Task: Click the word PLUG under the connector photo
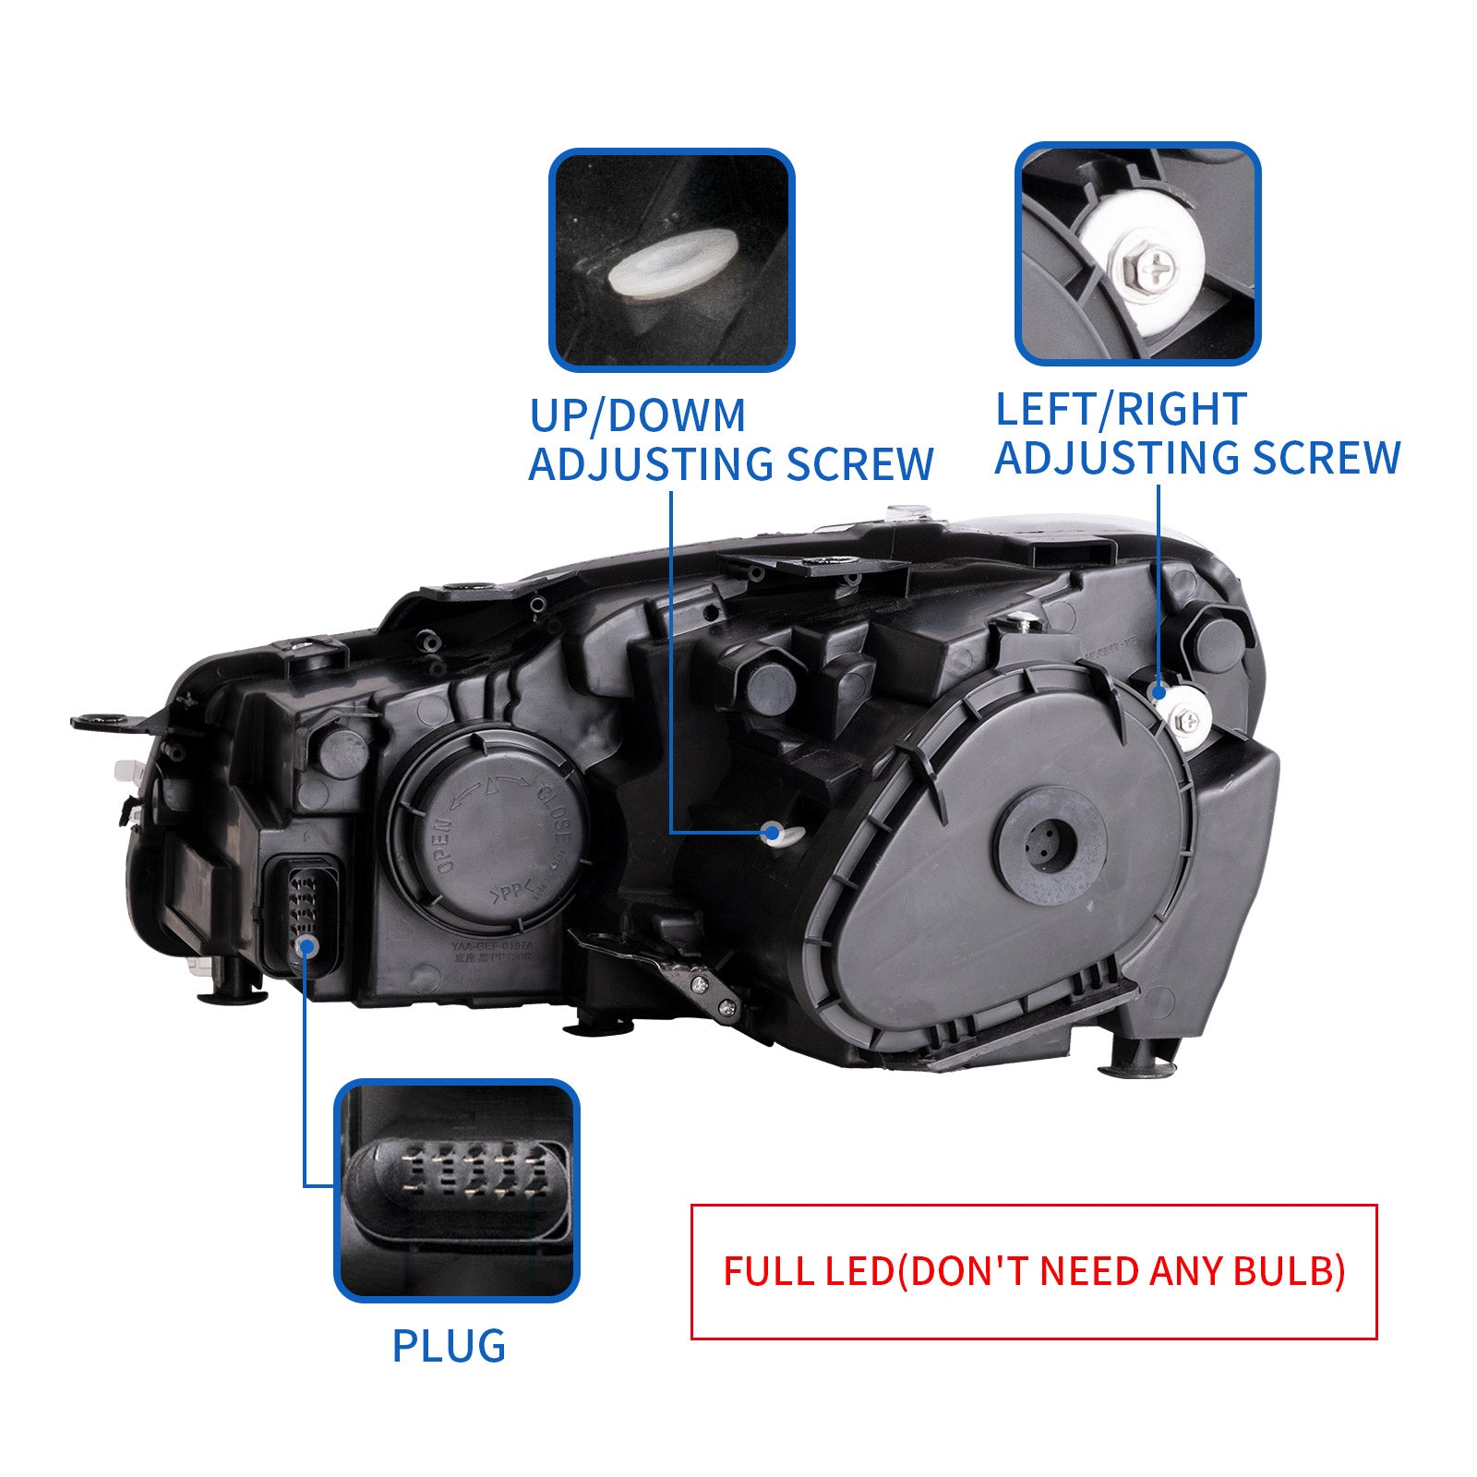(x=449, y=1346)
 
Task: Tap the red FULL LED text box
(x=1033, y=1271)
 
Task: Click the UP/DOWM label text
(x=637, y=415)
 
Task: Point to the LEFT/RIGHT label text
(x=1121, y=409)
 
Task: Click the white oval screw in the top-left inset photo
(x=672, y=264)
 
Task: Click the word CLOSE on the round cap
(x=555, y=812)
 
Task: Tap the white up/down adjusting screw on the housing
(x=774, y=835)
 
